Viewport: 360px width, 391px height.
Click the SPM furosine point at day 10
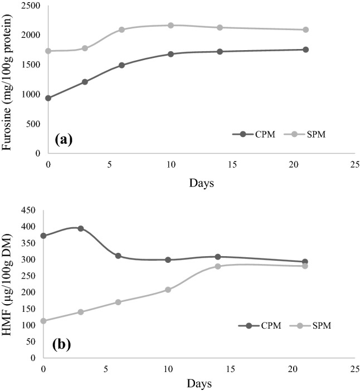[x=171, y=25]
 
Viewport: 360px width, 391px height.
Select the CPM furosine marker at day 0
[x=48, y=98]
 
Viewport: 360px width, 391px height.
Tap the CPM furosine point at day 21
[x=305, y=50]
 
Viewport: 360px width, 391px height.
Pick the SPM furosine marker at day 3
[x=85, y=48]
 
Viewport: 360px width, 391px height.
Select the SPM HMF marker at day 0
[x=44, y=321]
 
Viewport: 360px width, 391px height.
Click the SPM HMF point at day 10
[x=168, y=290]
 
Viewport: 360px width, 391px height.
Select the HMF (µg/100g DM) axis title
[x=9, y=284]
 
